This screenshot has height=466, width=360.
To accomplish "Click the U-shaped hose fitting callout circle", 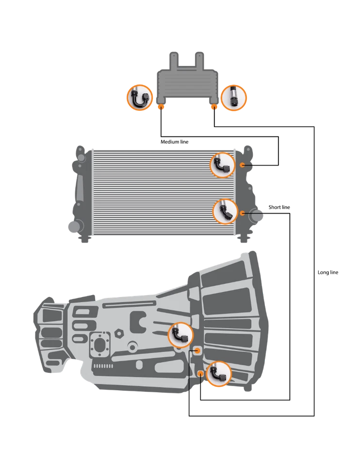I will coord(140,98).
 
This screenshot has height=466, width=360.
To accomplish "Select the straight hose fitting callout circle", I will coord(234,98).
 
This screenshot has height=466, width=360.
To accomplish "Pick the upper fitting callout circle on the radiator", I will coord(223,165).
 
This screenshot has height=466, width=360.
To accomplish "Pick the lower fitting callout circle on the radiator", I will coord(226,212).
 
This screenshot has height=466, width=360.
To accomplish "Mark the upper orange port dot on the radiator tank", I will coord(242,165).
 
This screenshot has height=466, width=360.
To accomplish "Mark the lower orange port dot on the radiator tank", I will coord(242,213).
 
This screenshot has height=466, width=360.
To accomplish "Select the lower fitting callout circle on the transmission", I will coord(219,374).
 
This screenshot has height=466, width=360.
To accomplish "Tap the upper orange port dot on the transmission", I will coord(197,350).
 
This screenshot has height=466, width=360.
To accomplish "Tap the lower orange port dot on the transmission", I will coord(200,373).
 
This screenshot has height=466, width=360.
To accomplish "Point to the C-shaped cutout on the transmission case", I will coord(139,320).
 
